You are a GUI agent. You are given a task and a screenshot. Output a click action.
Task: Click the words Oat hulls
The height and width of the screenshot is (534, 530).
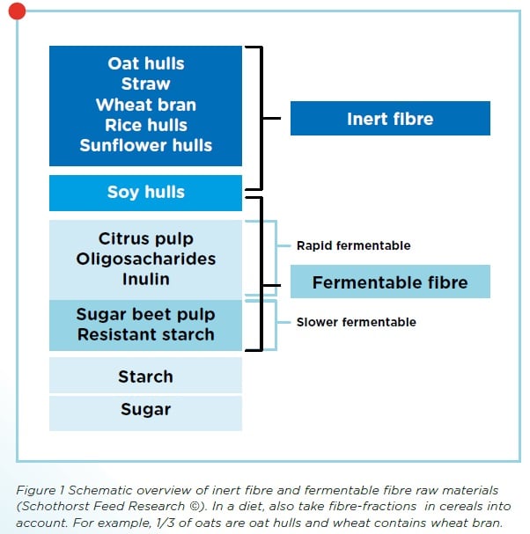pos(146,64)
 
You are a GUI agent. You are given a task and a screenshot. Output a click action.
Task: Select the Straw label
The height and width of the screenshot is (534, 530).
pos(146,84)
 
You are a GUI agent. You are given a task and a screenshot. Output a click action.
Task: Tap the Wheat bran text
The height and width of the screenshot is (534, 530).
pos(146,105)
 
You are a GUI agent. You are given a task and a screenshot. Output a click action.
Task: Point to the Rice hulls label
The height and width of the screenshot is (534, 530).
pos(146,125)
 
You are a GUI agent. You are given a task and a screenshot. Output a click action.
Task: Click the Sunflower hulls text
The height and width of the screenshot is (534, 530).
pos(146,145)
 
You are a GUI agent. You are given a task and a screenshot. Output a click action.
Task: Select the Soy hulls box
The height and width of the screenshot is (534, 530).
pos(146,193)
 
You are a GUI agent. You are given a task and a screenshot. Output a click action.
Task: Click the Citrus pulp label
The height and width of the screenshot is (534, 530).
pos(146,239)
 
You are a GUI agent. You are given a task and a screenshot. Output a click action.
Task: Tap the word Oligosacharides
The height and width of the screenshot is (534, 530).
pos(146,260)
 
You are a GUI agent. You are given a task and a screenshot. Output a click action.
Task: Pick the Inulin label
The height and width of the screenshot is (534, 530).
pos(146,279)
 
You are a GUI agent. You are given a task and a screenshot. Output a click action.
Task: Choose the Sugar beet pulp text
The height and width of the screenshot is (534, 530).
pos(146,314)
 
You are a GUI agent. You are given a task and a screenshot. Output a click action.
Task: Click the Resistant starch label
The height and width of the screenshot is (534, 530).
pos(146,334)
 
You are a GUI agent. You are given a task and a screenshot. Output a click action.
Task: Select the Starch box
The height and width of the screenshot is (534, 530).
pos(146,377)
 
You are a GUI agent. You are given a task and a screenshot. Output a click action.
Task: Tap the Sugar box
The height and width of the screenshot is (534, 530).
pos(146,409)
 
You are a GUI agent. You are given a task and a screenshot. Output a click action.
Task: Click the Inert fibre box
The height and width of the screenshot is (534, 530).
pos(390,119)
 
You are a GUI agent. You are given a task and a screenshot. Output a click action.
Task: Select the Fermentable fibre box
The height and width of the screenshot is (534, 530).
pos(390,283)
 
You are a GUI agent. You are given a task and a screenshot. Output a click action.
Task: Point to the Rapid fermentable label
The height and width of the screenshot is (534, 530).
pos(353,245)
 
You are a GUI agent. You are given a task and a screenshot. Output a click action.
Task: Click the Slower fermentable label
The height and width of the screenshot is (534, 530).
pos(356,322)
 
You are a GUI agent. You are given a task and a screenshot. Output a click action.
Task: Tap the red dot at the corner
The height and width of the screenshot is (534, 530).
pos(17,11)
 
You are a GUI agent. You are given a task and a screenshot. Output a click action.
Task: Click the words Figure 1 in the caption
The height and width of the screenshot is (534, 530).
pos(40,489)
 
